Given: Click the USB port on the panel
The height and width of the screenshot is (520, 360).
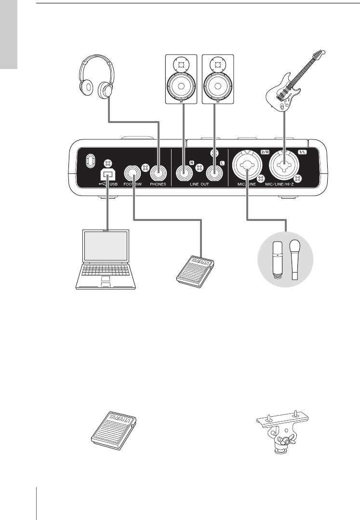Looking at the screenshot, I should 107,174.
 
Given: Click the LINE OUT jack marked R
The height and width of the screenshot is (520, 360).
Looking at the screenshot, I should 184,173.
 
